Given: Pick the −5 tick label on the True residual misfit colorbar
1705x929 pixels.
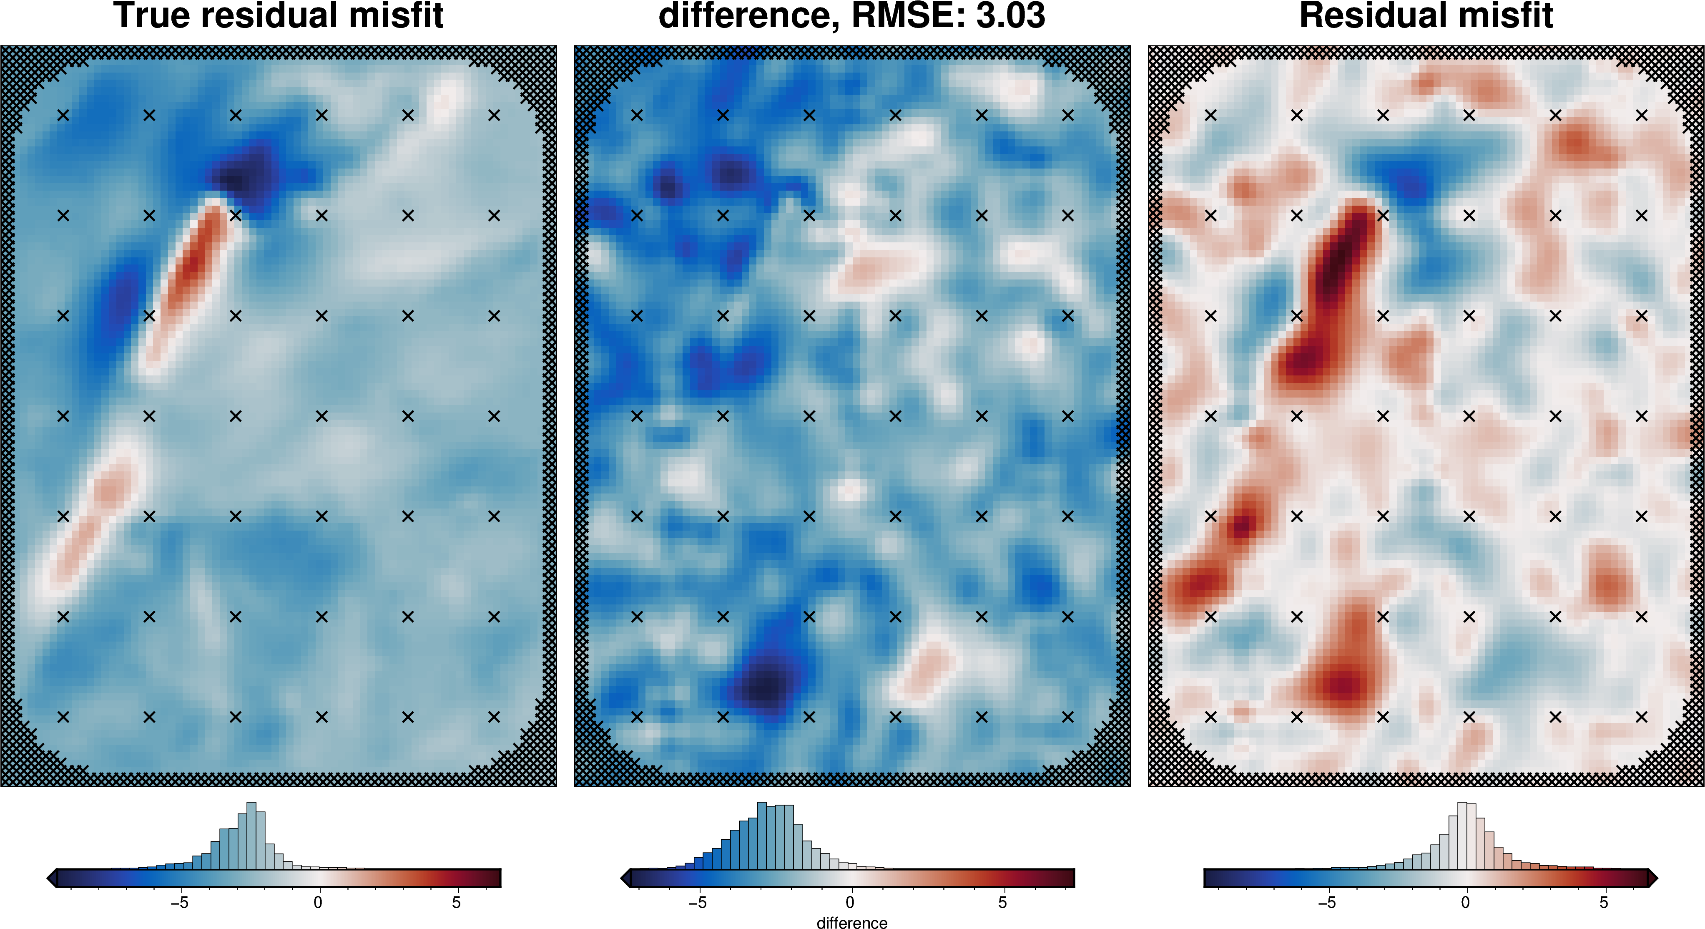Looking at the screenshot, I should pyautogui.click(x=179, y=903).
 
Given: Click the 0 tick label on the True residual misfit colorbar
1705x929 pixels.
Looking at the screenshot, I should pyautogui.click(x=318, y=903).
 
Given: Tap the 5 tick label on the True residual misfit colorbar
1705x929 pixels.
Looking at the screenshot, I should pyautogui.click(x=456, y=903).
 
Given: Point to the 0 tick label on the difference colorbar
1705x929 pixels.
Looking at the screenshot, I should pyautogui.click(x=850, y=903).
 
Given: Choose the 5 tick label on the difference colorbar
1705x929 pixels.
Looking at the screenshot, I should pyautogui.click(x=1002, y=903).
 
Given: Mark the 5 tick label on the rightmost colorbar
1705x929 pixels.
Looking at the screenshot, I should pyautogui.click(x=1603, y=903).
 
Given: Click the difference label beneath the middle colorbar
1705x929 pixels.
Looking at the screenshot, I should pyautogui.click(x=852, y=922).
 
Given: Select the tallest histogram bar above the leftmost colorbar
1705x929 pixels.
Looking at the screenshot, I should pyautogui.click(x=251, y=836).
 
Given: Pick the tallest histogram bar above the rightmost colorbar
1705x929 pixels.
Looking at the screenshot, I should pyautogui.click(x=1461, y=836).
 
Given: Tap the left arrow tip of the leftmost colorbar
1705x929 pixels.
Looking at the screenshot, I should pyautogui.click(x=51, y=878).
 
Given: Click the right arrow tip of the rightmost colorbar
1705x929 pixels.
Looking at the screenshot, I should pyautogui.click(x=1653, y=878).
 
